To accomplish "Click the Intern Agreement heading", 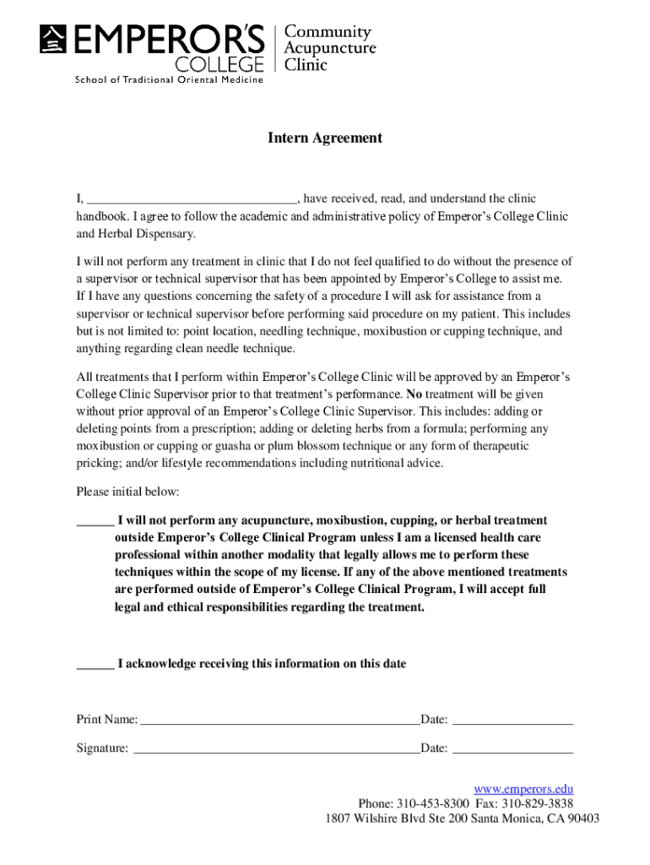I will tap(325, 138).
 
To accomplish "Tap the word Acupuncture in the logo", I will tap(329, 48).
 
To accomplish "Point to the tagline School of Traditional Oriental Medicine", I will tap(169, 80).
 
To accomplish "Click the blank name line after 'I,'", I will tap(192, 200).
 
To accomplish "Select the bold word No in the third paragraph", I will tap(414, 394).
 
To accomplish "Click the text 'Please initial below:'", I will tap(127, 492).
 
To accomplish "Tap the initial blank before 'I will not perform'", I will tap(95, 521).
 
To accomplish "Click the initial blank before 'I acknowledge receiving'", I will tap(95, 665).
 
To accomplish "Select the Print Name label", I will tap(107, 720).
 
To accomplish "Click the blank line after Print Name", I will tap(279, 721).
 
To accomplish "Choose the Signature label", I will tap(103, 748).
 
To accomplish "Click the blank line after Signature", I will tap(277, 749).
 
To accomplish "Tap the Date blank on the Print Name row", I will tap(513, 721).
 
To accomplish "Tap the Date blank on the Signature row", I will tap(513, 749).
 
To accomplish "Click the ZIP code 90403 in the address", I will tap(582, 819).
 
